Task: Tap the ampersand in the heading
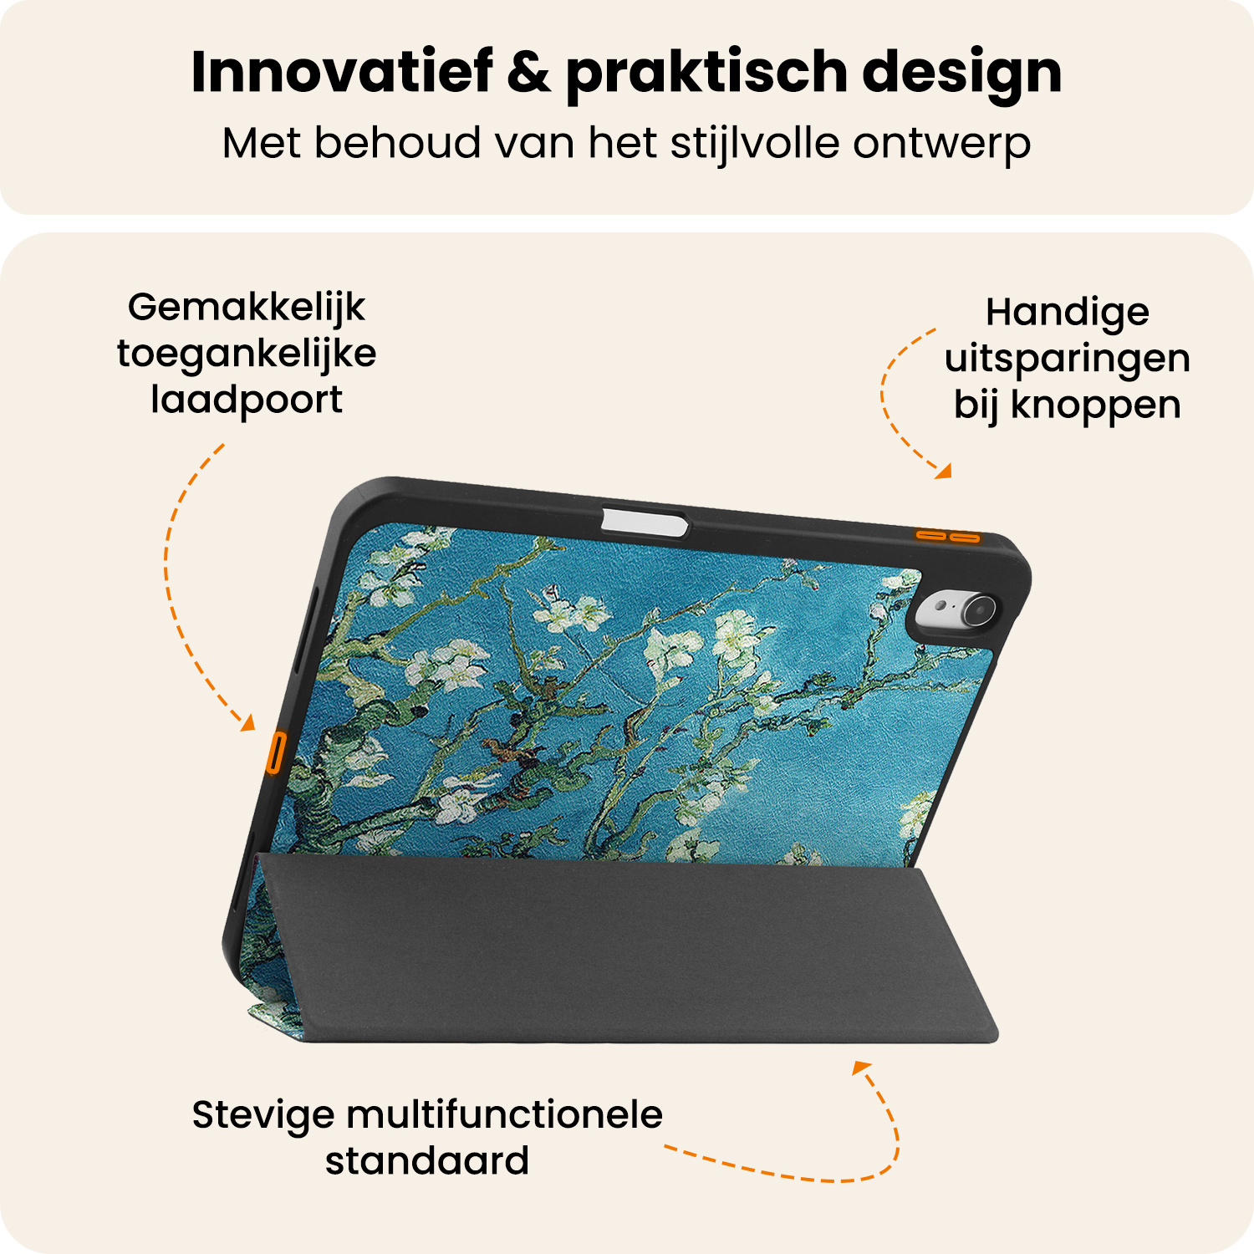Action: (x=528, y=72)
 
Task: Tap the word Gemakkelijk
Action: (x=247, y=308)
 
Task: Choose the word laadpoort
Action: (x=247, y=400)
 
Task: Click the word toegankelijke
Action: (x=247, y=354)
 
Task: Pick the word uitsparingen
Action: (x=1068, y=359)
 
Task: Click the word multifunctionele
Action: (x=504, y=1114)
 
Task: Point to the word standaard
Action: (x=427, y=1161)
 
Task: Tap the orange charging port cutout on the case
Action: (x=275, y=752)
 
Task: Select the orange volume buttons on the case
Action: (x=947, y=536)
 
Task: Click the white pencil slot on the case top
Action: (x=644, y=522)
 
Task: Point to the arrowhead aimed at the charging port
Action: (x=248, y=723)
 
